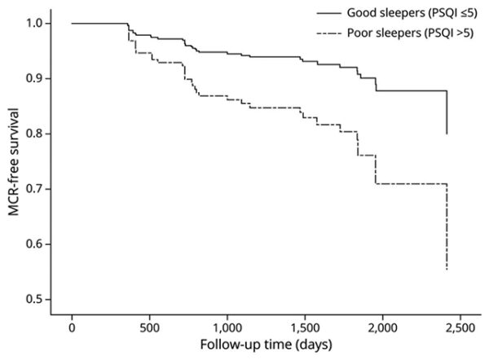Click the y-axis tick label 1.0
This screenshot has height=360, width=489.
click(35, 24)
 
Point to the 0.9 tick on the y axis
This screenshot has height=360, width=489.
click(35, 78)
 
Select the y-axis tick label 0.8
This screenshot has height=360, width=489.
click(35, 134)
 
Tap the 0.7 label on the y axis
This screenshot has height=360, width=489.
click(35, 189)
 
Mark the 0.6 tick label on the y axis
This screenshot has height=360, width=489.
click(35, 244)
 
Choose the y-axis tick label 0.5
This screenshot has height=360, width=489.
click(35, 299)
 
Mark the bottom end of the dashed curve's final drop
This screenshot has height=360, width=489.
click(447, 270)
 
